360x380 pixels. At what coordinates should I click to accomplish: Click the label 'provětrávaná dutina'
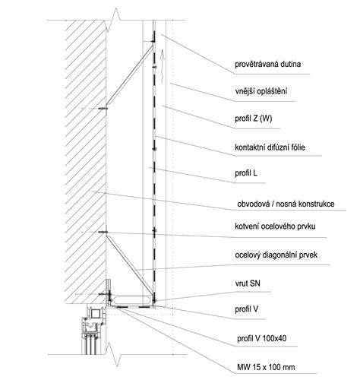point(268,65)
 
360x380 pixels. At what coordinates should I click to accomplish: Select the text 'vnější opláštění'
point(261,91)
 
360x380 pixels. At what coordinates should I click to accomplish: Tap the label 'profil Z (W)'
point(254,119)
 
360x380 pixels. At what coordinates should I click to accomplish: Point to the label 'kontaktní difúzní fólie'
point(270,147)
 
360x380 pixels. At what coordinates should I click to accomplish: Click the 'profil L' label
point(246,173)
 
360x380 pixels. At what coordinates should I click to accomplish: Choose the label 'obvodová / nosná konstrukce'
point(286,204)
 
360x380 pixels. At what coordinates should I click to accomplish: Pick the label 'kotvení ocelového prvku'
point(275,226)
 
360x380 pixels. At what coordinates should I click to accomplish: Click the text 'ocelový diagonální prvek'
point(276,255)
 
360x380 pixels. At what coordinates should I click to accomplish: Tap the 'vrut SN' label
point(248,283)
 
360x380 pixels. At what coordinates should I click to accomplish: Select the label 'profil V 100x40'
point(262,338)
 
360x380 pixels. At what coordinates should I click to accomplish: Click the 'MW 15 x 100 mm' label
point(266,367)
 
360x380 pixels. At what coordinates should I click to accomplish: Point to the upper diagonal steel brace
point(130,75)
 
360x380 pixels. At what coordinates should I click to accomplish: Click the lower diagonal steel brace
point(130,266)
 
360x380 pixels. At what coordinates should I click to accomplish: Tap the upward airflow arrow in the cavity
point(163,66)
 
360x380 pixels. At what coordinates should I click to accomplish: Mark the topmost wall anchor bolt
point(103,109)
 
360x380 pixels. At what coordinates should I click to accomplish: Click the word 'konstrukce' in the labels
point(317,204)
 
